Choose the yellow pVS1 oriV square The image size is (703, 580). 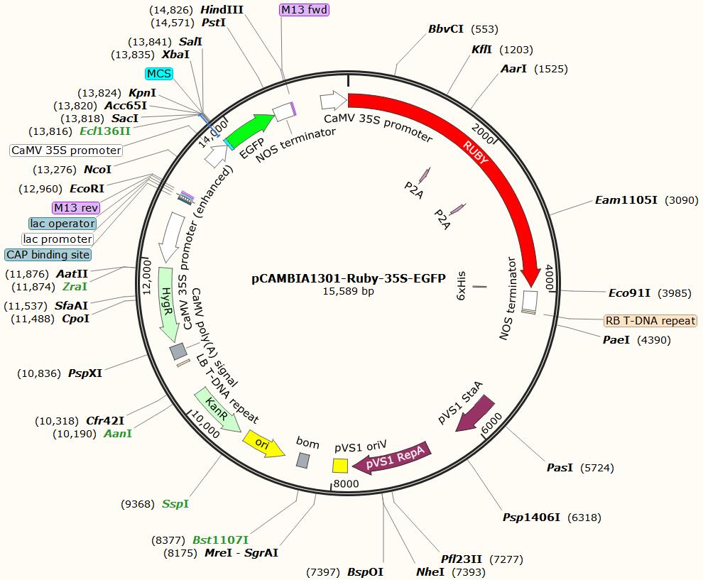tap(340, 465)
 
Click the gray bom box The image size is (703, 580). tap(303, 460)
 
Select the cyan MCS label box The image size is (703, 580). tap(158, 74)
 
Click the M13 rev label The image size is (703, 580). tap(76, 207)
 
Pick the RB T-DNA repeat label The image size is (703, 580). tap(650, 321)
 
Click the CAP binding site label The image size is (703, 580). tap(48, 254)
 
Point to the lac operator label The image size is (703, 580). tap(62, 224)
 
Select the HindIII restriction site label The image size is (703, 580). tap(222, 9)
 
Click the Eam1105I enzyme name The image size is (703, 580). tap(627, 200)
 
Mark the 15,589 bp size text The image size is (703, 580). tap(348, 291)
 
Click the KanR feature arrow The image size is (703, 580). tap(217, 410)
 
